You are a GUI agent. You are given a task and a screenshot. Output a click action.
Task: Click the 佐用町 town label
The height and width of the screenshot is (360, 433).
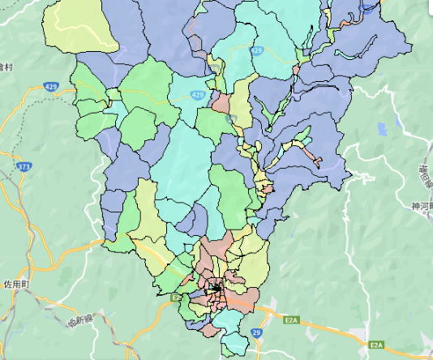(15, 285)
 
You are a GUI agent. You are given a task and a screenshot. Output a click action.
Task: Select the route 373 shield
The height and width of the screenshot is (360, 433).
(23, 165)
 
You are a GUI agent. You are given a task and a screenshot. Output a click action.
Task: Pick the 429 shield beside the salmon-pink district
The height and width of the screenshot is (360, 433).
(198, 95)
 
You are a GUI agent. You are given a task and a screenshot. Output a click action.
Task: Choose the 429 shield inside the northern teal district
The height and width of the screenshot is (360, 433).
(257, 50)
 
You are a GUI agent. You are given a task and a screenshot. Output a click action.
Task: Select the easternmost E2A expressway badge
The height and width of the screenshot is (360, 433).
(376, 345)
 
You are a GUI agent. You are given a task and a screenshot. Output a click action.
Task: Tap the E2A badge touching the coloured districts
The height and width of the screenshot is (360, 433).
(176, 298)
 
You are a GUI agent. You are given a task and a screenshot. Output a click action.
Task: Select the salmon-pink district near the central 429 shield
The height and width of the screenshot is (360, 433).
(221, 103)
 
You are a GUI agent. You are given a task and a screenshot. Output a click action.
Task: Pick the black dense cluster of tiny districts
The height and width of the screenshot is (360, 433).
(215, 288)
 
